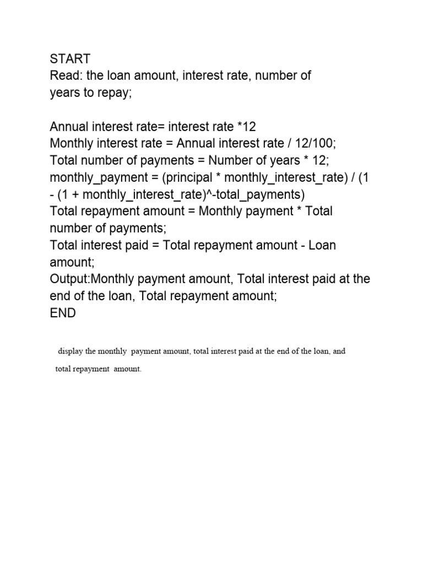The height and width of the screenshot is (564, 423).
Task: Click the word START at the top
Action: pyautogui.click(x=70, y=58)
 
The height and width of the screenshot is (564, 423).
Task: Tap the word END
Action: pyautogui.click(x=63, y=313)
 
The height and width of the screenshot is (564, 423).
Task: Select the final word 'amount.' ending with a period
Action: pyautogui.click(x=128, y=370)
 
